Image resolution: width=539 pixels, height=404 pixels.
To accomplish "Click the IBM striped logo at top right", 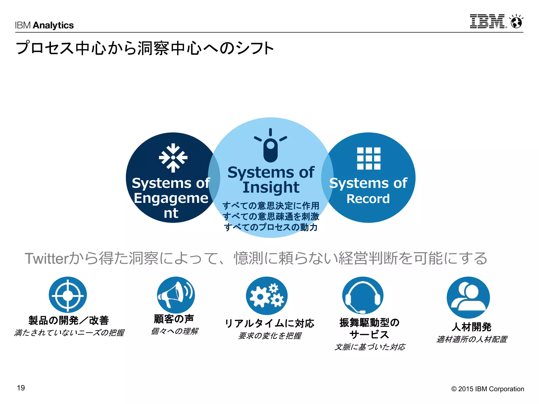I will (488, 21).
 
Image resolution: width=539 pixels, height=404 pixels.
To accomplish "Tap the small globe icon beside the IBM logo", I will (516, 22).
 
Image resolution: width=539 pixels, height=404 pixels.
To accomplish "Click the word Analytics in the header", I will (53, 25).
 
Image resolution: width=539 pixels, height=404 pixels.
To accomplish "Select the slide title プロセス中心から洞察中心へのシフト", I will (145, 48).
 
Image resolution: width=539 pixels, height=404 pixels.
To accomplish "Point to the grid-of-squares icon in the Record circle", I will (368, 158).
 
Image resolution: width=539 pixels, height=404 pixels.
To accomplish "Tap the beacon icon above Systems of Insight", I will (270, 145).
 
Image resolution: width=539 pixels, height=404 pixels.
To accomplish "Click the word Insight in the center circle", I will (271, 187).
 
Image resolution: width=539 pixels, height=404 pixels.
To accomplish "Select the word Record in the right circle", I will (368, 199).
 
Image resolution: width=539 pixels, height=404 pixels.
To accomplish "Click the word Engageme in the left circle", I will (171, 198).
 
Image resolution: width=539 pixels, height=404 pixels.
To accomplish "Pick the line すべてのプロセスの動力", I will (271, 227).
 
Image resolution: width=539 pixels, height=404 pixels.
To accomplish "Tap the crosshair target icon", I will (68, 295).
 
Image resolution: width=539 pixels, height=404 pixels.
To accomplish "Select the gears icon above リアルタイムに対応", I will (267, 296).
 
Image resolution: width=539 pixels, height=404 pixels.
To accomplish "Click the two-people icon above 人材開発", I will (468, 297).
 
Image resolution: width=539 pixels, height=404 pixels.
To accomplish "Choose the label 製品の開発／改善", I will (69, 320).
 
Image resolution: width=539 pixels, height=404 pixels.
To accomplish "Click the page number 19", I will (21, 388).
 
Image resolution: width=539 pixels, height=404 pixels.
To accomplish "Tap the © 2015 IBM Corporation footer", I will (487, 389).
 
